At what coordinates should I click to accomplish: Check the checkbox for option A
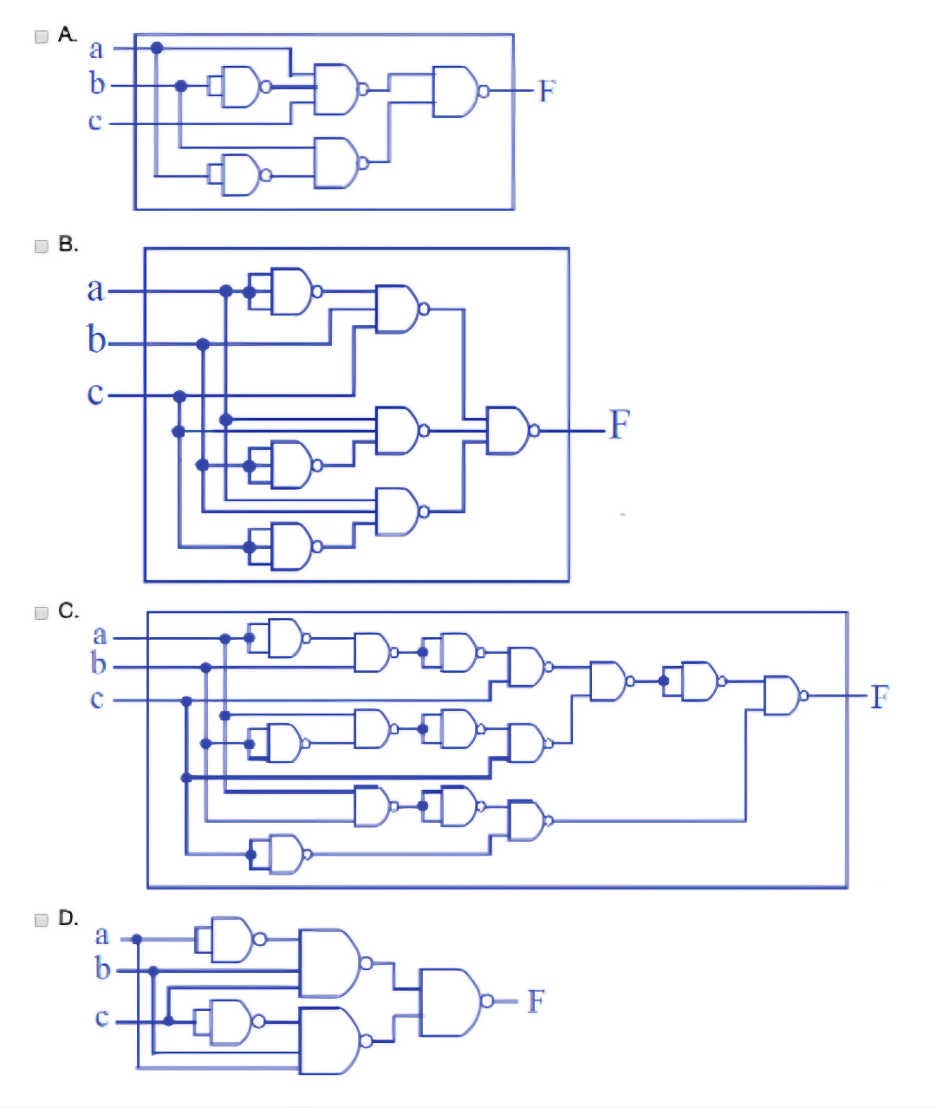coord(41,36)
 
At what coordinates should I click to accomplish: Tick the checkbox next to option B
coord(41,246)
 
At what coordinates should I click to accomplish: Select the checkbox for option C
coord(41,613)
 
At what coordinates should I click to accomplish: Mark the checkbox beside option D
coord(41,920)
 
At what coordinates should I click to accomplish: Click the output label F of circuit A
coord(546,91)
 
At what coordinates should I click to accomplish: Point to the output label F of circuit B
coord(618,425)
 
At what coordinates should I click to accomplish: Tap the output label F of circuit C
coord(879,696)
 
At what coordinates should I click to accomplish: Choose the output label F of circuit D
coord(536,1001)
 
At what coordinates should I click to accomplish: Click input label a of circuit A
coord(96,49)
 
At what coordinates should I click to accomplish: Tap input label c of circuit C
coord(97,699)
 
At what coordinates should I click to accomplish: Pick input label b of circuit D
coord(102,968)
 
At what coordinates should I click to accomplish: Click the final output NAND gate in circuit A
coord(456,91)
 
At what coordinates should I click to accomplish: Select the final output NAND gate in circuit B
coord(510,430)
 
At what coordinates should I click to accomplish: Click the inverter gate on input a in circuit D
coord(228,939)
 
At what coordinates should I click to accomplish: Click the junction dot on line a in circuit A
coord(157,48)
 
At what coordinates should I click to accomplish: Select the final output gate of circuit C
coord(783,695)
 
